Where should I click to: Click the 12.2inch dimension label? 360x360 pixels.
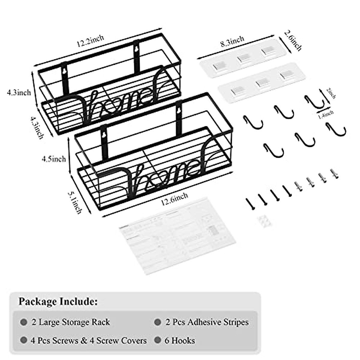pos(90,41)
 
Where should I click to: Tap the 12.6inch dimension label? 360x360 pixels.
pos(174,199)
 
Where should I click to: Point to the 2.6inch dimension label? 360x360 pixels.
pos(292,40)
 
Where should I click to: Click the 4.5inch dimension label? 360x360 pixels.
pos(54,159)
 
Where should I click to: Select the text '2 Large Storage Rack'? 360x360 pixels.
pos(71,322)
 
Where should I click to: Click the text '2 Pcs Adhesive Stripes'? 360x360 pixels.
pos(207,322)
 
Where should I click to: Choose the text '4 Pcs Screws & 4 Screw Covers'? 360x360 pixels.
pos(88,340)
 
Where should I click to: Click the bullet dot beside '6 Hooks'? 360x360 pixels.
pos(157,340)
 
